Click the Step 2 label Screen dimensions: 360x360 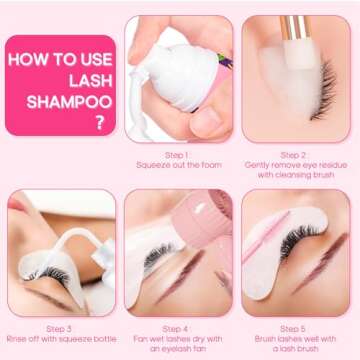293,155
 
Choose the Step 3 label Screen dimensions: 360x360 59,328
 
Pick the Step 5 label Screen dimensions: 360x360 293,328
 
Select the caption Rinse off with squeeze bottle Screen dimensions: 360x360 59,341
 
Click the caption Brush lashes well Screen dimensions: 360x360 293,341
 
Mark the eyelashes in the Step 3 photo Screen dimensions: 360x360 45,270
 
